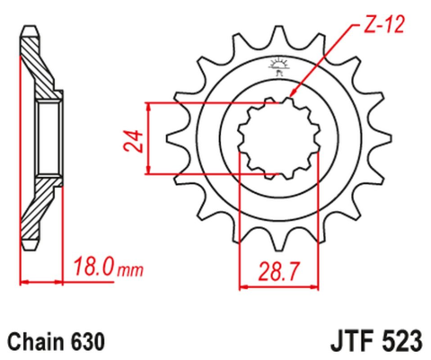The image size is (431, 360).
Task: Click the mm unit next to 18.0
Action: click(x=128, y=268)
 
